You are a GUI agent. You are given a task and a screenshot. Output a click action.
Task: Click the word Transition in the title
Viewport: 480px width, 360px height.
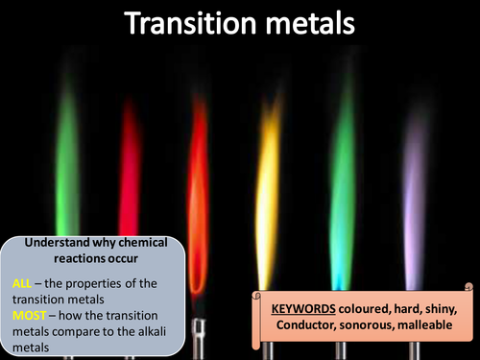click(x=190, y=23)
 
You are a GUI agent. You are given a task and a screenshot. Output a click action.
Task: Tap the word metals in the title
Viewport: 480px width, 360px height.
click(x=310, y=23)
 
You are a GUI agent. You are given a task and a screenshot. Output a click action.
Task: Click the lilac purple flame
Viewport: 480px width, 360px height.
click(x=415, y=199)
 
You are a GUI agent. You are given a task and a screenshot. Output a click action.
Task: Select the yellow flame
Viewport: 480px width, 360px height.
click(x=268, y=192)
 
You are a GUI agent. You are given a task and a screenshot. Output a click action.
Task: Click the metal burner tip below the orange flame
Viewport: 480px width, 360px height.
click(x=199, y=339)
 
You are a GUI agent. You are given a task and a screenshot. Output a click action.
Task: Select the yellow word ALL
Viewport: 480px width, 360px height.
click(x=22, y=283)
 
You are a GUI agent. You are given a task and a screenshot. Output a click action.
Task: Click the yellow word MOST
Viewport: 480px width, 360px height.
click(x=29, y=316)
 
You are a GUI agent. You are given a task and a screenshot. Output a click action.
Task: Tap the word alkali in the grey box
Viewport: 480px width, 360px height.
click(x=152, y=331)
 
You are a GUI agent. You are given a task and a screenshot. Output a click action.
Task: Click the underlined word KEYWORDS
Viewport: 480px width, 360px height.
click(x=303, y=309)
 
